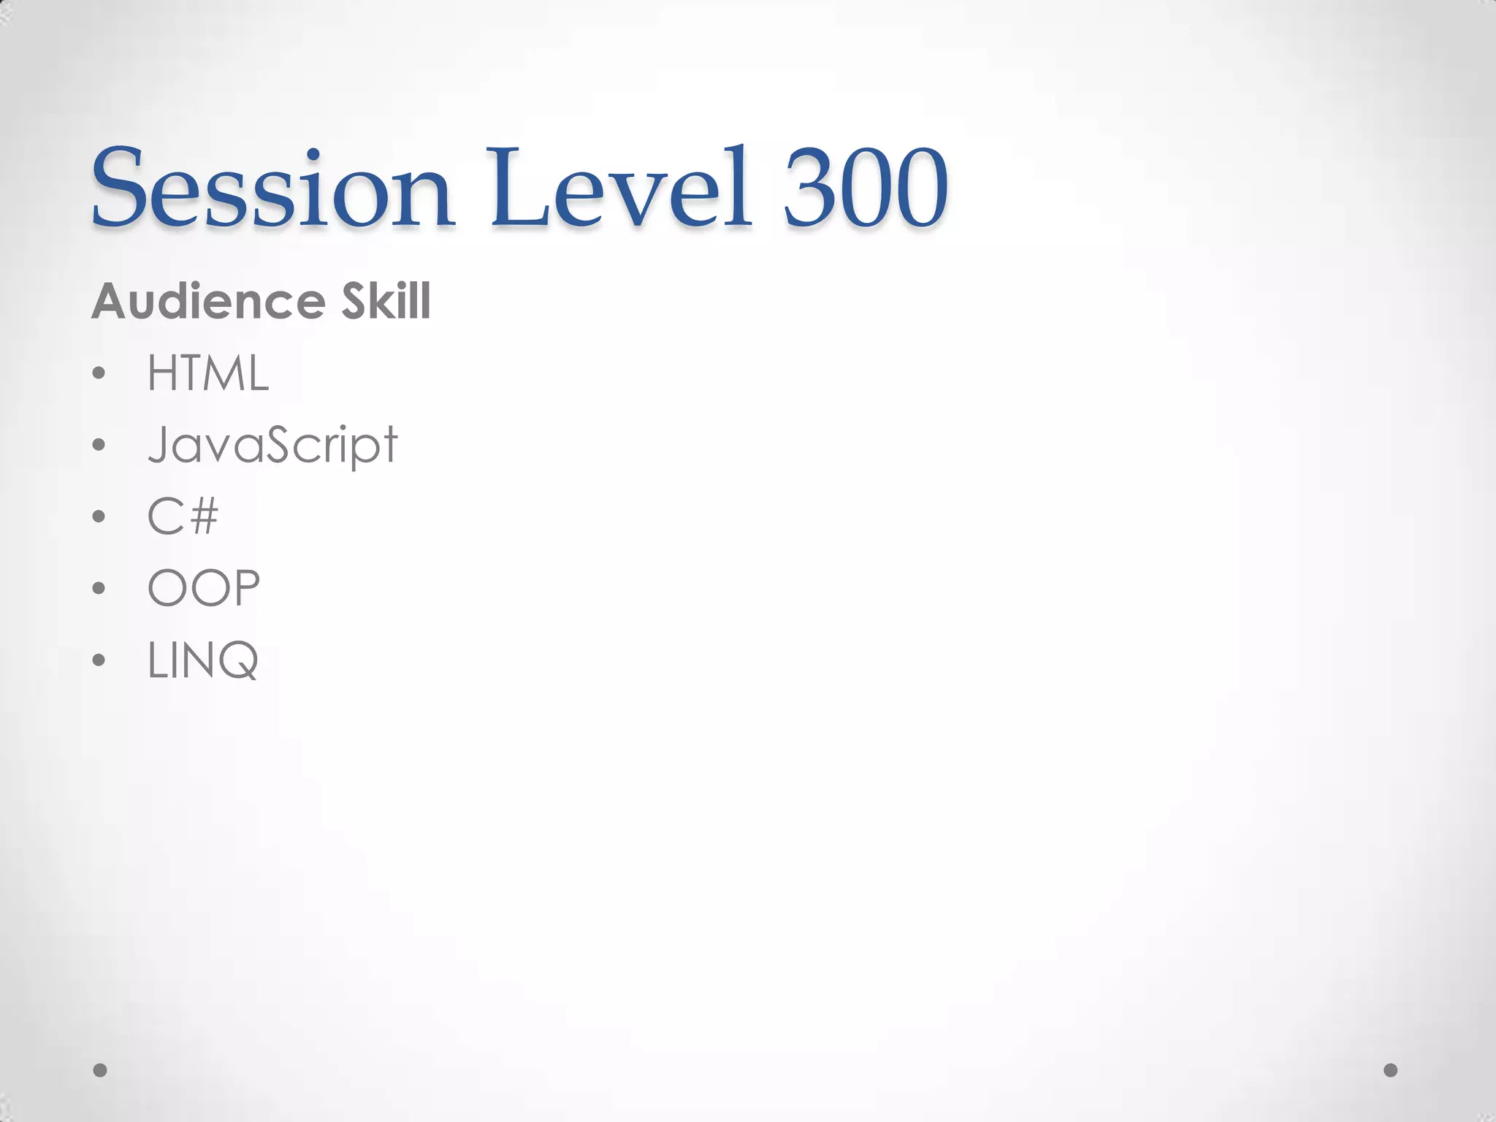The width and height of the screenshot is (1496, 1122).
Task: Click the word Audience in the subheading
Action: pos(208,301)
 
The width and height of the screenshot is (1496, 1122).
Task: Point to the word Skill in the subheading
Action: pos(386,301)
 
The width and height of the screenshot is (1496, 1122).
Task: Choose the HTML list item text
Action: pos(208,373)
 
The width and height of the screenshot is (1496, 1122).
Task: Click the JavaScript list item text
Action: pos(272,445)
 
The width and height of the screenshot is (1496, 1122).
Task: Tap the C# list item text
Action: pos(183,516)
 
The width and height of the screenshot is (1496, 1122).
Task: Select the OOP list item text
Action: pos(204,588)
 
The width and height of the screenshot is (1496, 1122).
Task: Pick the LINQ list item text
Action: pos(203,660)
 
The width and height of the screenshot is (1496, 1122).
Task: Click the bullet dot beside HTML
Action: pos(99,374)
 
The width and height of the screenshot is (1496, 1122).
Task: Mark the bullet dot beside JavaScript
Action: pos(99,445)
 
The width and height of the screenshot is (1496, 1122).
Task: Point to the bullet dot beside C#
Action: pos(99,516)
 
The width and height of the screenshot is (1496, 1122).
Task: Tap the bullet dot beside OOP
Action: pos(99,588)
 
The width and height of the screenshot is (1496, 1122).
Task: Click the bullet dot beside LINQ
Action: pos(99,660)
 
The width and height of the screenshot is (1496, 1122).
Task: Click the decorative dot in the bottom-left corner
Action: pos(100,1070)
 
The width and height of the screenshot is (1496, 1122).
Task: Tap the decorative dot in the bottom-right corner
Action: pos(1391,1070)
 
